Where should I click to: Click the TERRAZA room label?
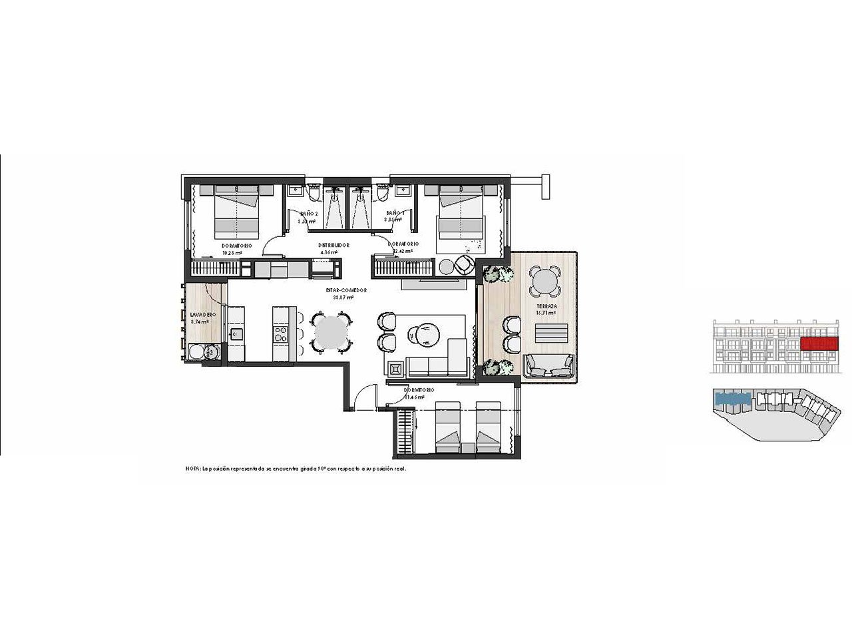coord(548,306)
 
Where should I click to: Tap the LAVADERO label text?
coord(200,314)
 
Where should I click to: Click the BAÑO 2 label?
coord(308,213)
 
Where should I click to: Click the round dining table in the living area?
coord(331,331)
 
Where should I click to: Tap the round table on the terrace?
coord(545,282)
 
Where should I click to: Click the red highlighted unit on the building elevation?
coord(818,343)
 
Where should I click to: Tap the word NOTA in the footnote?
coord(192,469)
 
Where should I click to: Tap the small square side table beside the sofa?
coord(395,367)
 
